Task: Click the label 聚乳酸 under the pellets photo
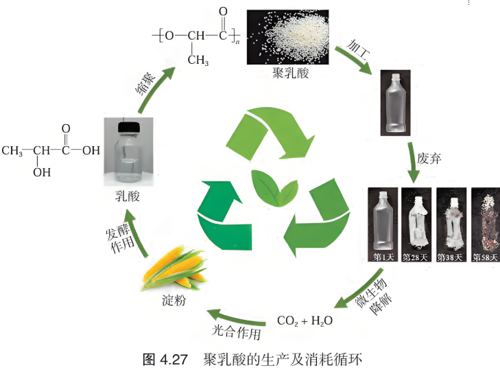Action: (291, 73)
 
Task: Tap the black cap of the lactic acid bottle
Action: (129, 128)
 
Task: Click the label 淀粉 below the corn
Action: (174, 301)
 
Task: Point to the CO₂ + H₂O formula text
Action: (305, 321)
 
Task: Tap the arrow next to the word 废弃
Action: (413, 163)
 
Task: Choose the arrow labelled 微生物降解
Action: (359, 289)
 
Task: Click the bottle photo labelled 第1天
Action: (383, 224)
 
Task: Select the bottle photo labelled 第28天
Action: (416, 224)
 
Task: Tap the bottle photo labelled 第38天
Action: (451, 224)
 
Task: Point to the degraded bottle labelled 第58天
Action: (486, 224)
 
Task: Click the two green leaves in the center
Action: (274, 188)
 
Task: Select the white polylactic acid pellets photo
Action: (287, 37)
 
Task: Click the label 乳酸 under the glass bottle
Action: (128, 196)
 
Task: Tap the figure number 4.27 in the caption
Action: (174, 360)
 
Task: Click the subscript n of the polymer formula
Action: (237, 41)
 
